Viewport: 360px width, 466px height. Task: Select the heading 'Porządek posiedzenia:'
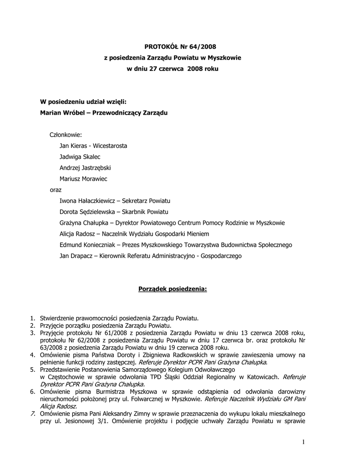pyautogui.click(x=172, y=289)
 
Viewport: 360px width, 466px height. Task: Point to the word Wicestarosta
pyautogui.click(x=110, y=146)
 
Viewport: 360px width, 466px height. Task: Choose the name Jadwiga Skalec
pyautogui.click(x=80, y=157)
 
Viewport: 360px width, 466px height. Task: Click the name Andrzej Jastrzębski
pyautogui.click(x=85, y=168)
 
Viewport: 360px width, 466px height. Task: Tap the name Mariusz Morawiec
pyautogui.click(x=83, y=179)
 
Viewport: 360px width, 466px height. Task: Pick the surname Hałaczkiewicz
pyautogui.click(x=96, y=201)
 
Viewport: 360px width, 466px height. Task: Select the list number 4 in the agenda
pyautogui.click(x=32, y=355)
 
